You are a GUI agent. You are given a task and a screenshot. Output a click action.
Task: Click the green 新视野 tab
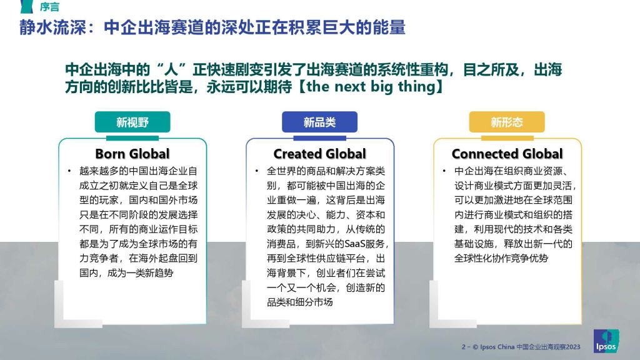(132, 122)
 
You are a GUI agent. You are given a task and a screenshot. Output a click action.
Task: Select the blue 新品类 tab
(319, 122)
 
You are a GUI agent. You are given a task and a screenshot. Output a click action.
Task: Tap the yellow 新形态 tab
(506, 122)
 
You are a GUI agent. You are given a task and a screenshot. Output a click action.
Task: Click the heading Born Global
(132, 154)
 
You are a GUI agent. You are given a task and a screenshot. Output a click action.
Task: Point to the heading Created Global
(319, 154)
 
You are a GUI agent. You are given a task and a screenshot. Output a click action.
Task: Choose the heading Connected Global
(507, 154)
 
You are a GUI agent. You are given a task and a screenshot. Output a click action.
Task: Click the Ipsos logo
(606, 341)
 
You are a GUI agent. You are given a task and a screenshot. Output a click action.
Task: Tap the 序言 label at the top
(49, 6)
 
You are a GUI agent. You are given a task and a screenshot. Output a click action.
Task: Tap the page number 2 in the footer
(464, 347)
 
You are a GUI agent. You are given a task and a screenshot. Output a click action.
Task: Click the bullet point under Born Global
(69, 171)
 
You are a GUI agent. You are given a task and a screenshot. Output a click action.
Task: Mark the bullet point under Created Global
(257, 171)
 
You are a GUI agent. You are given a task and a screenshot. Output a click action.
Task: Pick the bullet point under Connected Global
(444, 171)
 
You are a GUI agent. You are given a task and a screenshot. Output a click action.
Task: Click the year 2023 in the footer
(572, 347)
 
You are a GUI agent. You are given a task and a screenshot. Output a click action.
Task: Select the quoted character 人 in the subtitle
(171, 70)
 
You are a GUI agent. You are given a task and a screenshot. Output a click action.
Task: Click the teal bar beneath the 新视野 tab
(132, 138)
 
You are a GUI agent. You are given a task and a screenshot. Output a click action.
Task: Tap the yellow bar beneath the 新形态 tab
(507, 138)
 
